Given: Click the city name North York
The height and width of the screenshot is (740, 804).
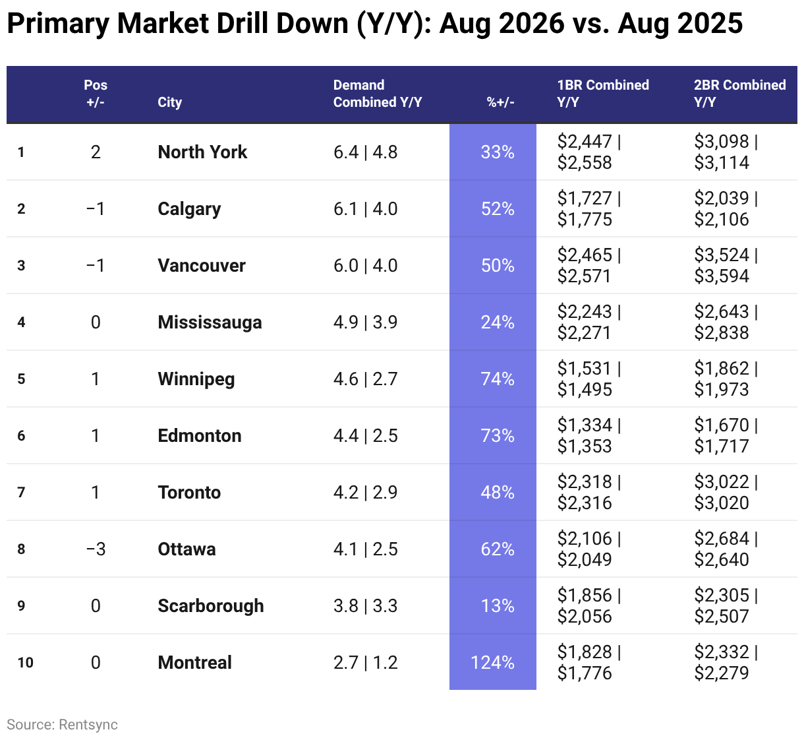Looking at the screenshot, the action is point(202,152).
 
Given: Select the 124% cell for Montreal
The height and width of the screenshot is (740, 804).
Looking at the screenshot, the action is point(492,663).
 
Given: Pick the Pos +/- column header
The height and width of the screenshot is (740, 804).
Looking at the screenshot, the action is point(96,94).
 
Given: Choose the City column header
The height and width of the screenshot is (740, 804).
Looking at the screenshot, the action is point(169,102).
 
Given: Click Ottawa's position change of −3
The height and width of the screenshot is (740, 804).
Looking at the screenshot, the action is point(96,549).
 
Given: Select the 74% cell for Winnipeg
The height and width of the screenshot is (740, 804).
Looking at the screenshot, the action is point(498,379).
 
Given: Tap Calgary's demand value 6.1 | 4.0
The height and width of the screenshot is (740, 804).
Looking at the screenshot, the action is point(365,208).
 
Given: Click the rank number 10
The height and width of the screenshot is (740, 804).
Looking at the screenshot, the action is point(25,663).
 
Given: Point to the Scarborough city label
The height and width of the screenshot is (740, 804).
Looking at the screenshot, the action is point(211,606).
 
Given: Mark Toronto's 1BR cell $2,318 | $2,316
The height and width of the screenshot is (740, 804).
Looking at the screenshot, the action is point(589,493).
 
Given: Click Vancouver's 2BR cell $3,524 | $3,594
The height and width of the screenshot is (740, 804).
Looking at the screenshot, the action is point(726,265).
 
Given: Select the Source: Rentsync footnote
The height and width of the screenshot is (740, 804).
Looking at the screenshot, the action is point(62,725).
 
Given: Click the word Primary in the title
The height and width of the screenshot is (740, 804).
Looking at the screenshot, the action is point(58,23).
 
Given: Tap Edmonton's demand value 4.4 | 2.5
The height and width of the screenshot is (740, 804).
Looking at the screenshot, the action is point(365,436).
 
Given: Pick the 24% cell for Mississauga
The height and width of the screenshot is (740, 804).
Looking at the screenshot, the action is point(498,323).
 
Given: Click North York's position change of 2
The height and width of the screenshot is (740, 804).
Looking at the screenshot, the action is point(96,152).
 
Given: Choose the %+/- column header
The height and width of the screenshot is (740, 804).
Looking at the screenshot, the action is point(501,102).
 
